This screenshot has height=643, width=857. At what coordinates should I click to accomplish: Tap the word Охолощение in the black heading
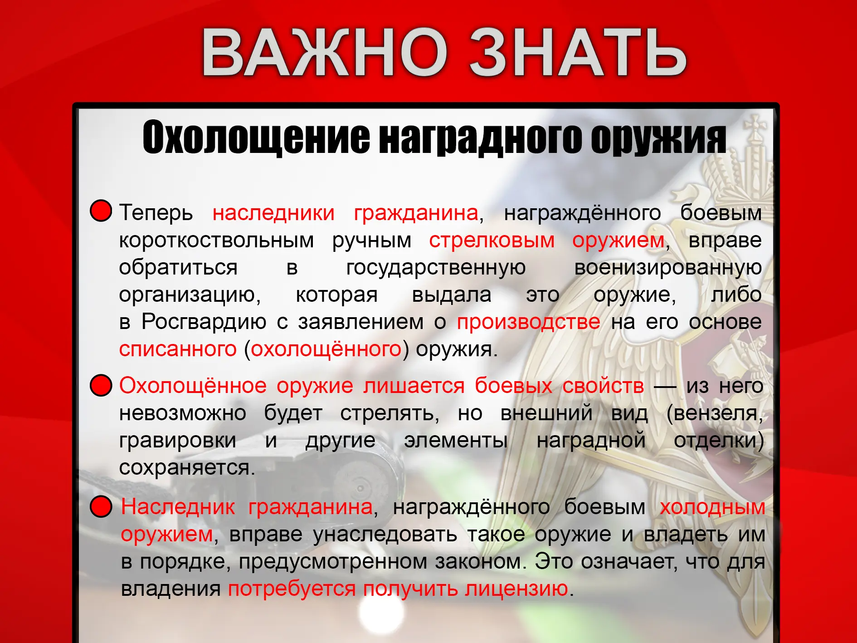click(x=256, y=137)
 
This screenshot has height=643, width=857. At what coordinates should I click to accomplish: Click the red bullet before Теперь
click(x=101, y=211)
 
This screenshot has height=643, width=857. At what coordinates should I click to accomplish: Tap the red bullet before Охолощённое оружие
click(x=101, y=385)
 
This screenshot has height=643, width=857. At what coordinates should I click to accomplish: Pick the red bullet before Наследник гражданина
click(x=101, y=506)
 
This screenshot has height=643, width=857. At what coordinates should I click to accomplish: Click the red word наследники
click(x=273, y=213)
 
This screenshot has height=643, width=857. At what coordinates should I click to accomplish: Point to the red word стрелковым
click(x=492, y=241)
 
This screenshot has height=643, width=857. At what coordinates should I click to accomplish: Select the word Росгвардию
click(x=204, y=322)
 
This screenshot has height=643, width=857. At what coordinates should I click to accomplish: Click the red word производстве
click(x=529, y=322)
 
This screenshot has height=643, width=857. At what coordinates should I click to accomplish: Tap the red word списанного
click(x=178, y=349)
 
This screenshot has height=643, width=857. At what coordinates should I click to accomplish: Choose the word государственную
click(x=436, y=268)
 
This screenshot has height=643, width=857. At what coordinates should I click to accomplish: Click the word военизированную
click(x=668, y=268)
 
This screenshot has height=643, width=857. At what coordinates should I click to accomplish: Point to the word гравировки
click(x=178, y=441)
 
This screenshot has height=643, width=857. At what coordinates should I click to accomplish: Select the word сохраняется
click(x=187, y=468)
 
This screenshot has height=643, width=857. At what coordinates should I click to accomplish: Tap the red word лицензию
click(x=517, y=589)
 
